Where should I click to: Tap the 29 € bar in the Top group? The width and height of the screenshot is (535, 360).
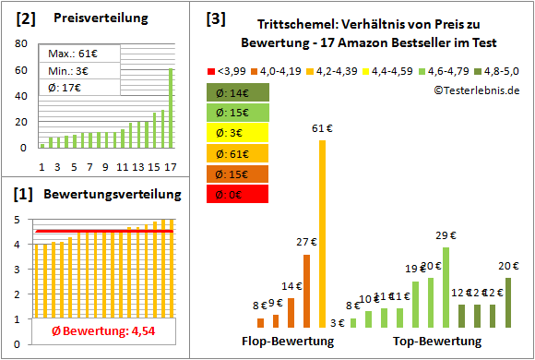[446, 287]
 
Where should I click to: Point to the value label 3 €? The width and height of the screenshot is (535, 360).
[338, 323]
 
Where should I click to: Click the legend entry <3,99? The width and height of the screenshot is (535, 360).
[229, 70]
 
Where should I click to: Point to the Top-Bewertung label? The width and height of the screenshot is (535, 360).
[437, 342]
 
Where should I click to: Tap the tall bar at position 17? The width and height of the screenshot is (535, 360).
[170, 108]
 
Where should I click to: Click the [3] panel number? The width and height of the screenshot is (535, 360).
[215, 18]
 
